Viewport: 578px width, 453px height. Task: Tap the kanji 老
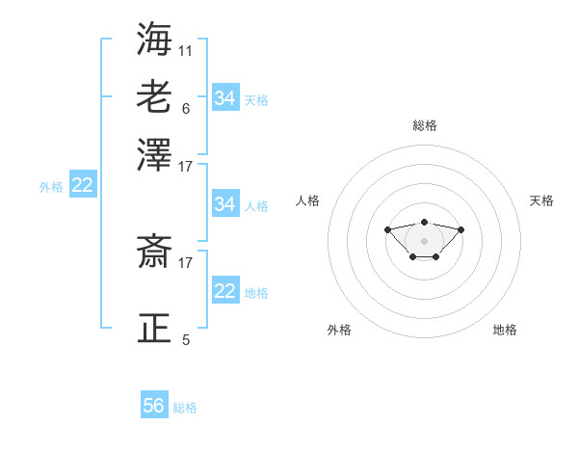tap(155, 96)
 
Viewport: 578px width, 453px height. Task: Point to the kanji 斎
tap(155, 253)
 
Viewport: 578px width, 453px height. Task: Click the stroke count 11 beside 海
tap(186, 49)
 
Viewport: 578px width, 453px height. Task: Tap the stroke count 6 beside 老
tap(186, 108)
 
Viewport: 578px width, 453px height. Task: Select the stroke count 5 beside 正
tap(186, 340)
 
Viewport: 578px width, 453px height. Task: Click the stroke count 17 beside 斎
tap(186, 261)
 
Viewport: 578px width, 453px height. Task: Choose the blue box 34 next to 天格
tap(225, 97)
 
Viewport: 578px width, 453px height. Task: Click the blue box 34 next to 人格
tap(225, 204)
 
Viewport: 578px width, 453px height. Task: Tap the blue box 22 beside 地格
tap(225, 291)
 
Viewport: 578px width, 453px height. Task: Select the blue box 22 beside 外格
tap(82, 186)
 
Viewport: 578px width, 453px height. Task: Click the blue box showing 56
tap(154, 406)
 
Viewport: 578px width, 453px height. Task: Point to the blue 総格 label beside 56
tap(185, 408)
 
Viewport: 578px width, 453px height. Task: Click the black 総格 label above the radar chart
tap(424, 125)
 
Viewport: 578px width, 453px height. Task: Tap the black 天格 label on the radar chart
tap(541, 200)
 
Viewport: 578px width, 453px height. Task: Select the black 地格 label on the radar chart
tap(505, 330)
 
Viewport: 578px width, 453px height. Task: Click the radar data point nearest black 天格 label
tap(460, 229)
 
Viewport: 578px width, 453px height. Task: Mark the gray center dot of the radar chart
tap(424, 241)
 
